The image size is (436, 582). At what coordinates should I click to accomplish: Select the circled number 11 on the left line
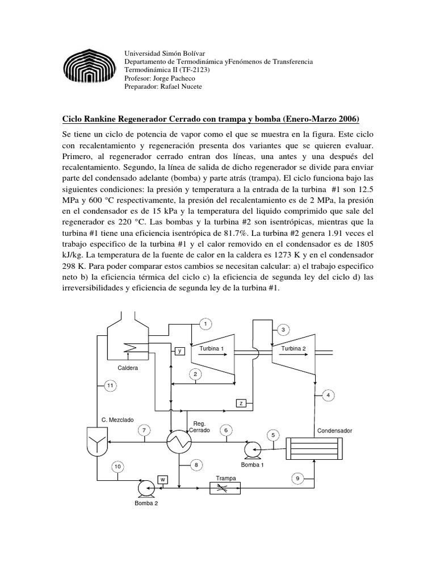[110, 386]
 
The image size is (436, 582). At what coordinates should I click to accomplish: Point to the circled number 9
[298, 479]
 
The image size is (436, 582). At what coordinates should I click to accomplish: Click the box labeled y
[179, 351]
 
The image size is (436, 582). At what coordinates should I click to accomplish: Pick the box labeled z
[241, 403]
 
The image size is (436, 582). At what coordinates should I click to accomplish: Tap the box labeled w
[162, 479]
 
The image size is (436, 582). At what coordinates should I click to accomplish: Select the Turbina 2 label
[294, 348]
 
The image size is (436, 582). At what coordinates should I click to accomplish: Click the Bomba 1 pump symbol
[250, 450]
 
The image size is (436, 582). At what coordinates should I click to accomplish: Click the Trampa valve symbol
[225, 488]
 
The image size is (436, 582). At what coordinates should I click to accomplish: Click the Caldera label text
[128, 368]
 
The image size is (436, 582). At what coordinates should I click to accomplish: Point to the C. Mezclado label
[118, 419]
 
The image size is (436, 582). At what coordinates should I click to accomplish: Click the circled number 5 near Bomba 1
[274, 435]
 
